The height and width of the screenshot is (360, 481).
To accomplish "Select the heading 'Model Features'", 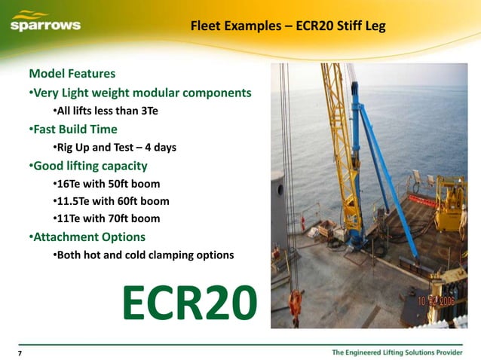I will click(72, 75).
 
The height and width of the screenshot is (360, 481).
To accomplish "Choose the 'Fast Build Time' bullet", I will click(74, 129).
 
